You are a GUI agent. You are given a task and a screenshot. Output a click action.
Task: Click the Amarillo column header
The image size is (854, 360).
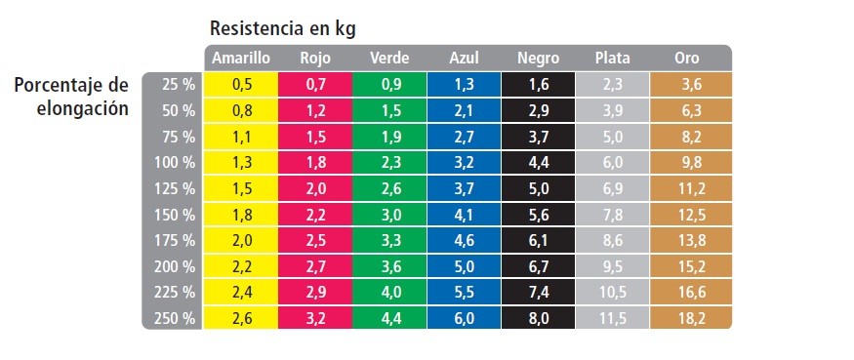(x=241, y=59)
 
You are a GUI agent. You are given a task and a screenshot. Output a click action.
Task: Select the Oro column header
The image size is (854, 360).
(x=686, y=59)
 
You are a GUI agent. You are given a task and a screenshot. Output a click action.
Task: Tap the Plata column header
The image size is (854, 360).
(x=612, y=59)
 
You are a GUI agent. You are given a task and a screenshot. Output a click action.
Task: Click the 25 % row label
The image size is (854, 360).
(x=178, y=85)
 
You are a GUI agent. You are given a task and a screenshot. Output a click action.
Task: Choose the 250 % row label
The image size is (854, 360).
(x=175, y=319)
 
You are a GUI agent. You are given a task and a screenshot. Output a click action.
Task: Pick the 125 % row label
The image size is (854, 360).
(x=175, y=188)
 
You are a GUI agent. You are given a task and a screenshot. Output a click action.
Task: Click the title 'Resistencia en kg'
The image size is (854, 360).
(x=283, y=29)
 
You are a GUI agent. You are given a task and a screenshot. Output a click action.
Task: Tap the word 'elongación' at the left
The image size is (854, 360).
(x=83, y=108)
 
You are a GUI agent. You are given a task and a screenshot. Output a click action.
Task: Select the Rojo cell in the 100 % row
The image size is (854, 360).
(x=315, y=163)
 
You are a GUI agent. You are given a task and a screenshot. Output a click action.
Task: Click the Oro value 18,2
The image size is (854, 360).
(x=691, y=319)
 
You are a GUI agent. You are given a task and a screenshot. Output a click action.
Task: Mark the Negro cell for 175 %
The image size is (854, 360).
(x=538, y=241)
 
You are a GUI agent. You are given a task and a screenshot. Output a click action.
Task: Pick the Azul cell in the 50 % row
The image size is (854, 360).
(x=464, y=110)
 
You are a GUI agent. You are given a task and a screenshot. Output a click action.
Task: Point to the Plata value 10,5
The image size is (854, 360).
(x=612, y=293)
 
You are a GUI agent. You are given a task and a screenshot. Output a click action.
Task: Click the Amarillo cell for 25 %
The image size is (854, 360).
(x=240, y=85)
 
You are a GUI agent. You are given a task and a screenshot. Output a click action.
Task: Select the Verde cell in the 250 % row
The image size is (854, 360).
(x=389, y=319)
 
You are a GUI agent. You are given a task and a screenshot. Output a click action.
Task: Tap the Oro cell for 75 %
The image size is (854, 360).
(x=691, y=137)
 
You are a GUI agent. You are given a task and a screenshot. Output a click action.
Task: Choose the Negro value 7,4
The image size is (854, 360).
(x=538, y=293)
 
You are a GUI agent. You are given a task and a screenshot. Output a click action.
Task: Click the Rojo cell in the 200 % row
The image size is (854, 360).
(x=315, y=267)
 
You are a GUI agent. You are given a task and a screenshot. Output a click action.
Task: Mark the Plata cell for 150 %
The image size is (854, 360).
(x=612, y=215)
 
